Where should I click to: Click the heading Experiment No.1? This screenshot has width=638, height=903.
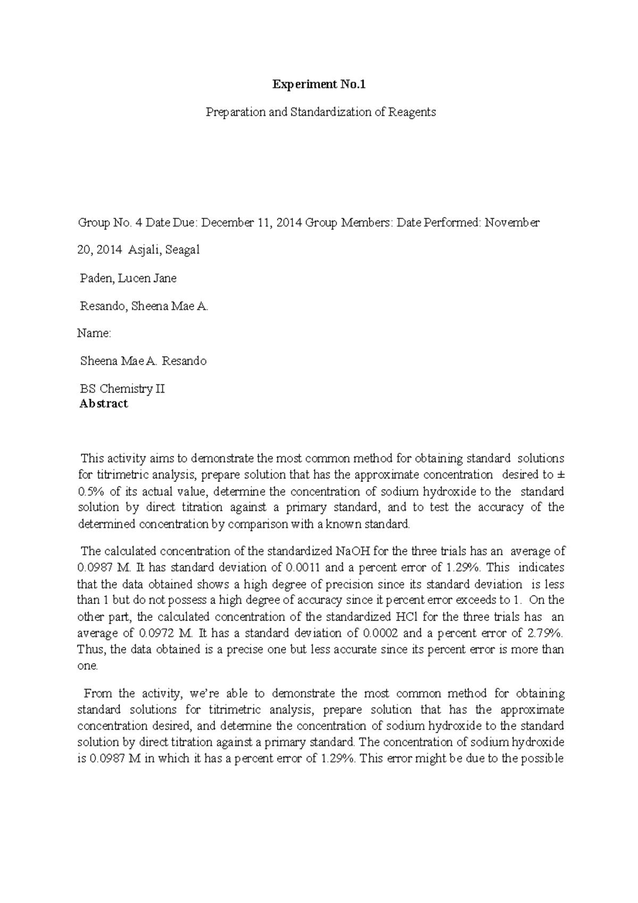319,84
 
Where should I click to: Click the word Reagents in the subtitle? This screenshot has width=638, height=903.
412,112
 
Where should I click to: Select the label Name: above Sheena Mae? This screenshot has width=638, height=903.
94,334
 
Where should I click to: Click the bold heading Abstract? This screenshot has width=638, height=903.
103,403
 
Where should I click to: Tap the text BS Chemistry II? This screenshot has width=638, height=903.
122,389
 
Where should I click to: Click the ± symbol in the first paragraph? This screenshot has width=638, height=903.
561,475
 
